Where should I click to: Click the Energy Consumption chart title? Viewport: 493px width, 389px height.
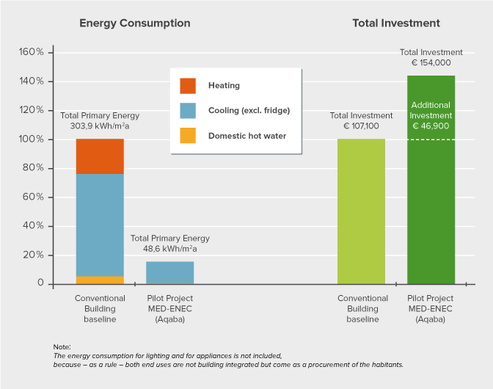pos(135,23)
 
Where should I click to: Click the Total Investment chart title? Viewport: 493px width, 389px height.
pos(396,23)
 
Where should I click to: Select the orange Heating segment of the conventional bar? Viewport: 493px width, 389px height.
pos(100,156)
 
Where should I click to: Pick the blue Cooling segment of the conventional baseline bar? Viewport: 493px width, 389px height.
pos(100,225)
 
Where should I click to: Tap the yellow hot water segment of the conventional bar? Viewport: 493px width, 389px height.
pos(100,280)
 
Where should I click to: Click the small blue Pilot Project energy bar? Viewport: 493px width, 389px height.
pos(169,272)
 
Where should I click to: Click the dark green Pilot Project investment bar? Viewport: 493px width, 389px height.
pos(431,213)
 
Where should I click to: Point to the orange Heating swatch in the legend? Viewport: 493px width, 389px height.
pos(188,86)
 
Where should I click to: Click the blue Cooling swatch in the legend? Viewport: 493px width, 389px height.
pos(188,111)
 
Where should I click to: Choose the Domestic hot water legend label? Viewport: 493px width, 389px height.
pos(247,136)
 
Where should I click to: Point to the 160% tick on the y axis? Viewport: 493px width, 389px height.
pos(32,53)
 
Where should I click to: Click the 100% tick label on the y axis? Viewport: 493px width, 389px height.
pos(32,139)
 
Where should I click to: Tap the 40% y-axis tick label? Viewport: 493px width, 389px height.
pos(33,226)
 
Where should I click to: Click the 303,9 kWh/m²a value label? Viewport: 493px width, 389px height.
pos(100,126)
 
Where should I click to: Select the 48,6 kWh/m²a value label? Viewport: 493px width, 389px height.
pos(170,249)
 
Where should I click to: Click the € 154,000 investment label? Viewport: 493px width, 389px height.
pos(431,63)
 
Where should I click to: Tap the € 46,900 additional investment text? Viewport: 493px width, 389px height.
pos(431,126)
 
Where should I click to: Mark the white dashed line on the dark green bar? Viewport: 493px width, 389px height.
pos(431,139)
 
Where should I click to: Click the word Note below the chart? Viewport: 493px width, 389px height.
pos(62,346)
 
